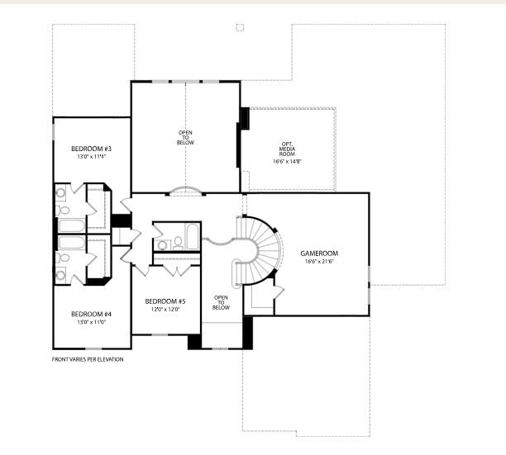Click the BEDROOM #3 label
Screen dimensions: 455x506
pyautogui.click(x=91, y=148)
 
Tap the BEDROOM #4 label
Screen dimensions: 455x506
pyautogui.click(x=91, y=314)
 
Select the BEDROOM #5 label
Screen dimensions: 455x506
pyautogui.click(x=165, y=301)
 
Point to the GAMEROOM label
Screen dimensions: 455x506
pyautogui.click(x=321, y=254)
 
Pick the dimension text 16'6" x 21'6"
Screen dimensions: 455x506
pyautogui.click(x=321, y=263)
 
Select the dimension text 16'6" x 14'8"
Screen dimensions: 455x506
pyautogui.click(x=288, y=163)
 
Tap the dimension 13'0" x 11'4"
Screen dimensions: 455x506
pyautogui.click(x=91, y=156)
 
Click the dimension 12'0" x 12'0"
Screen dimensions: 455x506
pyautogui.click(x=165, y=310)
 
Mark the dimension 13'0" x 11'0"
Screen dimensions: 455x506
pyautogui.click(x=91, y=322)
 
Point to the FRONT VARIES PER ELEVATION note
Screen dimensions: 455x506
pyautogui.click(x=88, y=359)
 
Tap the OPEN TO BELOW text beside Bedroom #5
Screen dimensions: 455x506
pyautogui.click(x=221, y=302)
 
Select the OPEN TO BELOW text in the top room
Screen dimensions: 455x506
pyautogui.click(x=185, y=137)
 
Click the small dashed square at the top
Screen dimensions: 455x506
pyautogui.click(x=240, y=27)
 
